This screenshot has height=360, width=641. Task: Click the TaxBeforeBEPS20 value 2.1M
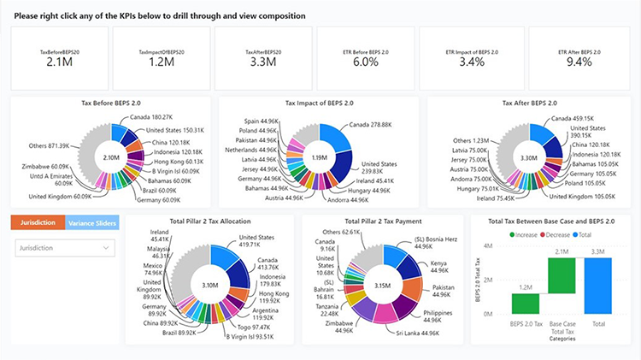[58, 62]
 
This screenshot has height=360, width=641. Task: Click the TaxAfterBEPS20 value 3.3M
[263, 62]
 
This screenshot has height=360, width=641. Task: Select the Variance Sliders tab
[92, 222]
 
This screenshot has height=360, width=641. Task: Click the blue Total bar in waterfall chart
[599, 285]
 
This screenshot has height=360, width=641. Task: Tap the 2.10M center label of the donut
[111, 157]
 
